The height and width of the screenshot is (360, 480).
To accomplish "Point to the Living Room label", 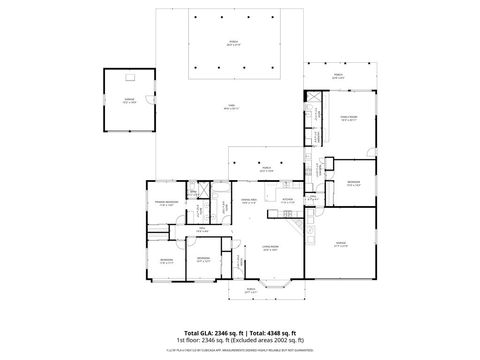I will (x=269, y=249).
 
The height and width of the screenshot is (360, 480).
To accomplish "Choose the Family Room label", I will (x=349, y=120).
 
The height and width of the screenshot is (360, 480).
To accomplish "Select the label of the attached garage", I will (x=341, y=244).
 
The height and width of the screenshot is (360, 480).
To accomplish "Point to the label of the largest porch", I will (x=232, y=43).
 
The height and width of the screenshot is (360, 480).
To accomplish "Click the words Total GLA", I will (x=196, y=332).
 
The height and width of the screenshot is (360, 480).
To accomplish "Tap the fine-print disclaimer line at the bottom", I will (x=239, y=350).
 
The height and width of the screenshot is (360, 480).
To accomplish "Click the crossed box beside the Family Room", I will (x=312, y=96).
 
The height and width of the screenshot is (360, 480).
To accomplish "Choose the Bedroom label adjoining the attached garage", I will (x=353, y=182).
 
